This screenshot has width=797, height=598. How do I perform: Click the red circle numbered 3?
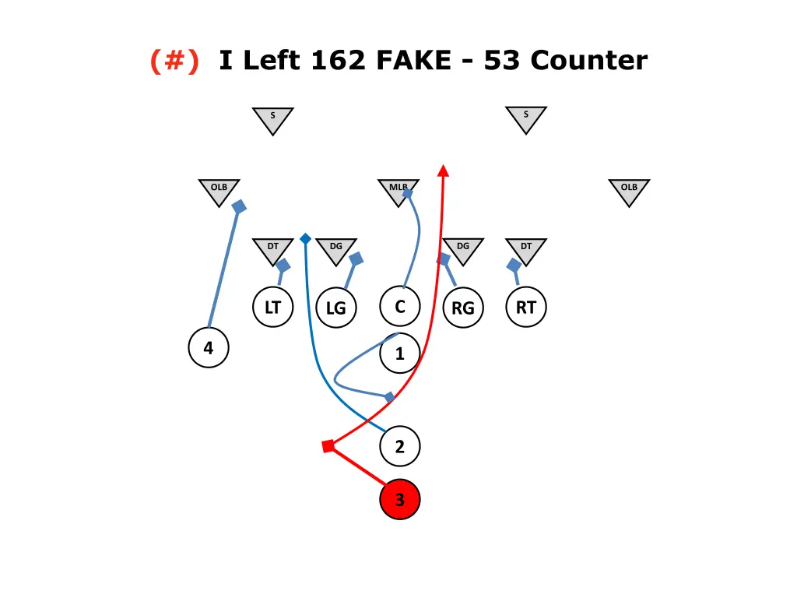click(400, 499)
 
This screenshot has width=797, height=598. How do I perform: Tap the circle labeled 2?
click(400, 447)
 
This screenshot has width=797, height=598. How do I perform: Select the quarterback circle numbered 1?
click(400, 354)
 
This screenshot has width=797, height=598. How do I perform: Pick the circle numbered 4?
click(209, 348)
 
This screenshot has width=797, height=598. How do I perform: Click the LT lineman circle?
click(272, 308)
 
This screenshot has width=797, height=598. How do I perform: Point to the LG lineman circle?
click(335, 308)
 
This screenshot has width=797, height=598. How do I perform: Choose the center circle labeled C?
click(400, 307)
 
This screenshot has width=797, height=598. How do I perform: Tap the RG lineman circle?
click(462, 308)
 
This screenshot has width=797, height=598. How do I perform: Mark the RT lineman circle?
click(526, 308)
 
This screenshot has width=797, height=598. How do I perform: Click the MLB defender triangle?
click(398, 190)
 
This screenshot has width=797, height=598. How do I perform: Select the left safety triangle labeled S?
click(272, 119)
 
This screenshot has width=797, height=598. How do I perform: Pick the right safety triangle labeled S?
click(526, 118)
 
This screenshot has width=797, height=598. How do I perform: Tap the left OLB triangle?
click(219, 190)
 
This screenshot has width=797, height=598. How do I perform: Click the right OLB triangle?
click(629, 190)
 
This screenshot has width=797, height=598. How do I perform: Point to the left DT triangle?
click(272, 249)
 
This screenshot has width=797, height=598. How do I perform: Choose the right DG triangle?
click(463, 249)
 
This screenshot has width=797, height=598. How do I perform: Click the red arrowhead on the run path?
click(443, 171)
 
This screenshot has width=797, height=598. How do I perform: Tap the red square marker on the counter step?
click(328, 446)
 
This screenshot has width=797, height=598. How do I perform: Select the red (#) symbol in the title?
click(174, 60)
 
